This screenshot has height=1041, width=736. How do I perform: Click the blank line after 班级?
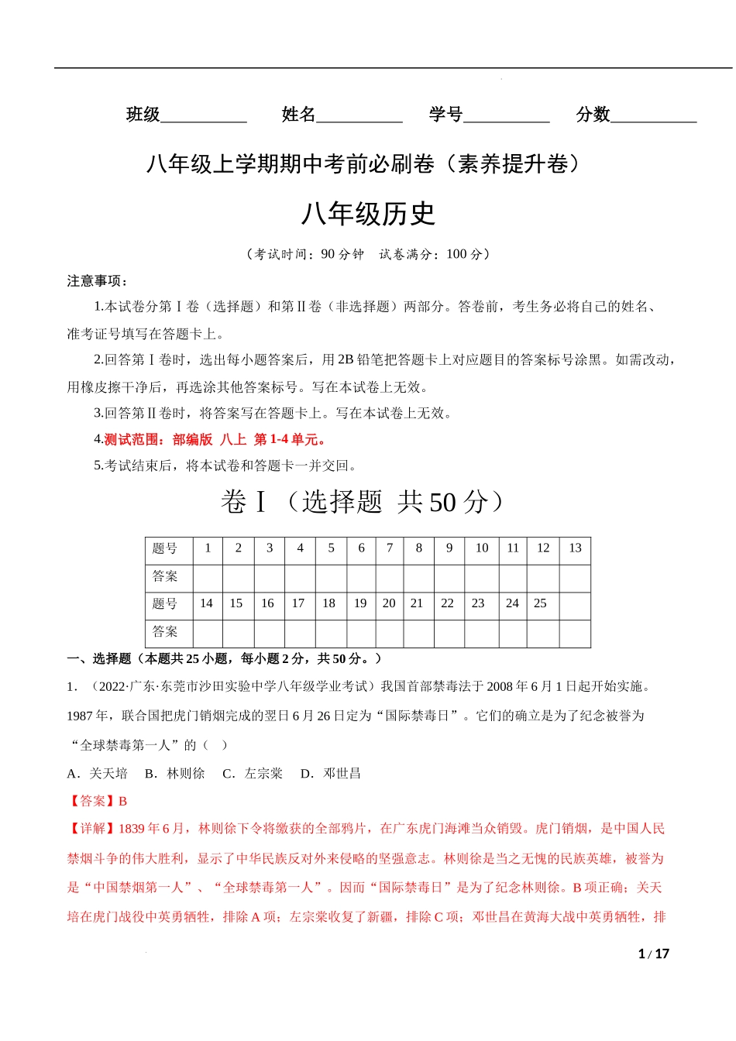pyautogui.click(x=203, y=117)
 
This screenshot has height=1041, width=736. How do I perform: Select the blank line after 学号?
pyautogui.click(x=506, y=117)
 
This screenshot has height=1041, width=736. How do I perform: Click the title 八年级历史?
pyautogui.click(x=368, y=214)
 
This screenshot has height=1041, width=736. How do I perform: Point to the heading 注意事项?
pyautogui.click(x=97, y=280)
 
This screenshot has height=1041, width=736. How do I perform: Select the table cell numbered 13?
pyautogui.click(x=575, y=548)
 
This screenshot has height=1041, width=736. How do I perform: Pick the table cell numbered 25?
pyautogui.click(x=540, y=603)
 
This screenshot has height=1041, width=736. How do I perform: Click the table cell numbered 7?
pyautogui.click(x=390, y=548)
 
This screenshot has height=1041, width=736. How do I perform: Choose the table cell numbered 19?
pyautogui.click(x=360, y=603)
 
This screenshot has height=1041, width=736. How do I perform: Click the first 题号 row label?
pyautogui.click(x=165, y=548)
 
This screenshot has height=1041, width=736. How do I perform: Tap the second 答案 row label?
pyautogui.click(x=165, y=631)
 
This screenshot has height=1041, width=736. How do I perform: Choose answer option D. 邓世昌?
pyautogui.click(x=331, y=773)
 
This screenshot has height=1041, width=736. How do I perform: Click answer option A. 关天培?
pyautogui.click(x=97, y=773)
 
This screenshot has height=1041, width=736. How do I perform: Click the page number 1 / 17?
pyautogui.click(x=653, y=953)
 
